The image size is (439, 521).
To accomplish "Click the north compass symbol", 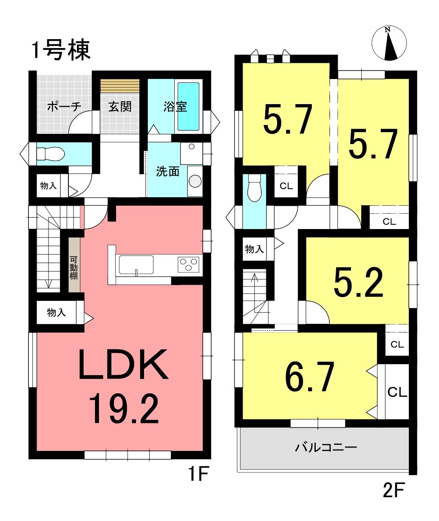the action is (389, 43).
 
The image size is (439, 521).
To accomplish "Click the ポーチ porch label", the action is (65, 107).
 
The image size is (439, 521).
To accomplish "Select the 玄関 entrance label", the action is (120, 107).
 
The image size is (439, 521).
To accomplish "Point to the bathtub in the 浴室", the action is (188, 107).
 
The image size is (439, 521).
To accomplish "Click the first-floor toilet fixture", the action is (51, 153).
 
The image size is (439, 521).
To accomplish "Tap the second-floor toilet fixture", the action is (254, 187).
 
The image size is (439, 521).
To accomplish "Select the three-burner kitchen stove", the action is (188, 264).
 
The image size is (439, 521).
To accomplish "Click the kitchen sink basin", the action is (136, 265).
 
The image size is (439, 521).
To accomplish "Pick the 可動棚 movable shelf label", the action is (74, 268).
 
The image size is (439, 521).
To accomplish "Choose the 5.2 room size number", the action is (358, 282).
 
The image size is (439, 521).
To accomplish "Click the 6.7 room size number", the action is (309, 377).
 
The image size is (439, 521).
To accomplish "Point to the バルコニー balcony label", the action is (326, 447).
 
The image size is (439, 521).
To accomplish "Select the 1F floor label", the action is (198, 474).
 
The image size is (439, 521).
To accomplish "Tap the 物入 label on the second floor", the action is (254, 249).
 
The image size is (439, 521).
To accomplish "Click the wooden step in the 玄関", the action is (120, 86).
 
